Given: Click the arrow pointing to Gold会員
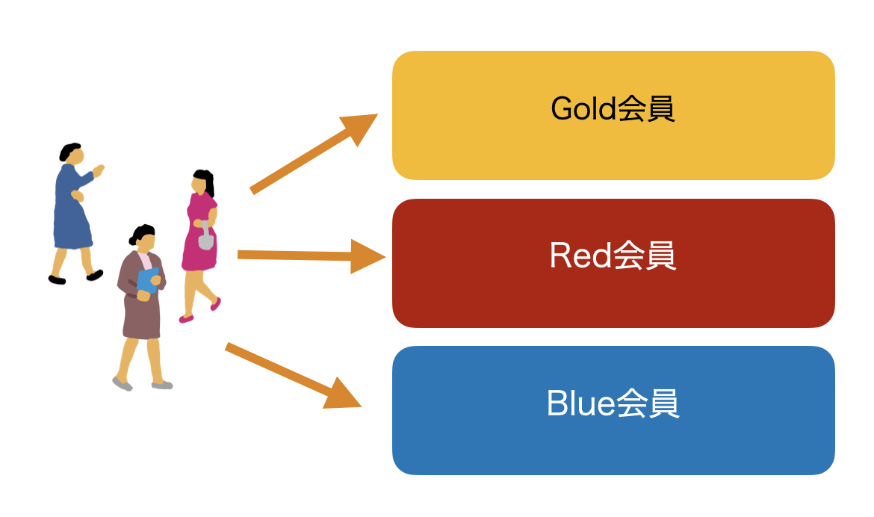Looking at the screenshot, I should pos(314,154).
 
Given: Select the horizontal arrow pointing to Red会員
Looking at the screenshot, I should pos(310,256).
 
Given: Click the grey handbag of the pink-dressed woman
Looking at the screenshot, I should pos(205,241).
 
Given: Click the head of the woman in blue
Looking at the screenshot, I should pos(70,153).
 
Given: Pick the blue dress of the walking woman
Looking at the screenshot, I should pos(72,213).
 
